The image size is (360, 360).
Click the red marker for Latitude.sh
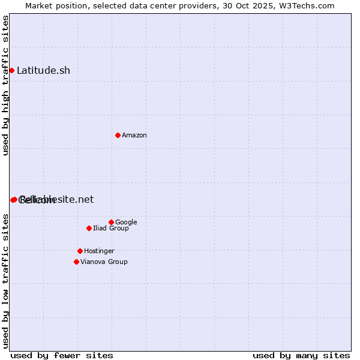11,70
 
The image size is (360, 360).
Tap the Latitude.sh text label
43,70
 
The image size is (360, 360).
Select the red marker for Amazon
118,135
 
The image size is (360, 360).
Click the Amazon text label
134,135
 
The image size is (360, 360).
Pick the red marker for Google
111,222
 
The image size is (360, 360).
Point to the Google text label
126,222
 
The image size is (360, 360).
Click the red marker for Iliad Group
89,228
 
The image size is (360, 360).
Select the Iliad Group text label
111,228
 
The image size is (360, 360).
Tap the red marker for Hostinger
80,251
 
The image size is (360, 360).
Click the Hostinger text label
99,251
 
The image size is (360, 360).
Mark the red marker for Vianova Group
76,262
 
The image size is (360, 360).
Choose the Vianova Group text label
104,262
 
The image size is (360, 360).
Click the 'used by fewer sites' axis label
62,355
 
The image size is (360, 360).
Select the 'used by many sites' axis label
301,355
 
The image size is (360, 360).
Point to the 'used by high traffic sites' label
5,85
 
